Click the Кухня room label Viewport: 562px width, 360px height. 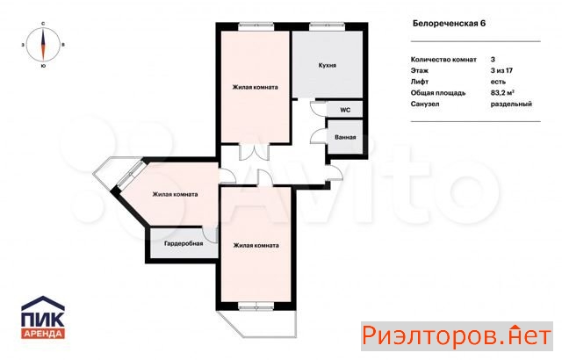[x=328, y=66]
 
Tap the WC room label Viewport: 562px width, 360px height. [x=345, y=110]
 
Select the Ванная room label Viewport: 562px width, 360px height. [x=345, y=137]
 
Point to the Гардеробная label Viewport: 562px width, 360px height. [x=184, y=243]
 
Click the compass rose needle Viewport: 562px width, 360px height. [x=43, y=45]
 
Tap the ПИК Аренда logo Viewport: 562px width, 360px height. [x=43, y=317]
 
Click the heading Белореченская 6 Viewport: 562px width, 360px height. [x=449, y=24]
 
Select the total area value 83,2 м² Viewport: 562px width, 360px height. [x=502, y=93]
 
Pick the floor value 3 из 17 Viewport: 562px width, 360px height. [x=501, y=70]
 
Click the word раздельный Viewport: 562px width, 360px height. [x=511, y=104]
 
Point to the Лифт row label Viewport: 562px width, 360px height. [x=420, y=82]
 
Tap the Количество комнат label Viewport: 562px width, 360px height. [x=443, y=60]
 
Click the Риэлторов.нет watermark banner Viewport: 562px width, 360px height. [x=457, y=336]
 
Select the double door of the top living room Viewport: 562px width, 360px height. [x=254, y=151]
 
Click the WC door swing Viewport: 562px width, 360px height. [x=318, y=108]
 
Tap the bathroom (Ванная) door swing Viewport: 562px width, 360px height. [x=319, y=136]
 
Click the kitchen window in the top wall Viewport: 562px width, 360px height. [x=327, y=25]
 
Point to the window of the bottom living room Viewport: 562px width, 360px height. [x=256, y=306]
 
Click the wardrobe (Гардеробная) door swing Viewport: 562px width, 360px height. [x=210, y=234]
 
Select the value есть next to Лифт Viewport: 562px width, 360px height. [x=498, y=82]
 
